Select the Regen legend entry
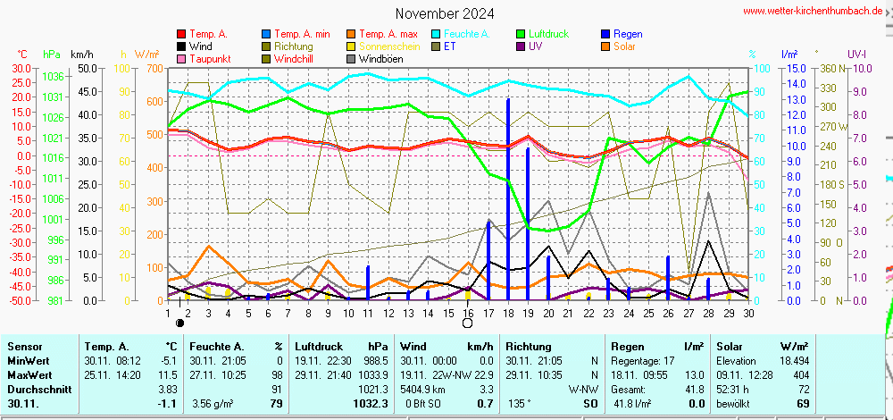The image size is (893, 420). (628, 34)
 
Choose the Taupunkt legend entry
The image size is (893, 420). (210, 59)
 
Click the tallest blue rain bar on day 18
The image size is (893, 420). (508, 197)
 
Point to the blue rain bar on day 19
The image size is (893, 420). (528, 223)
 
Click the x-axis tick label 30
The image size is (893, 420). (748, 313)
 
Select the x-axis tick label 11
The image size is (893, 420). (368, 313)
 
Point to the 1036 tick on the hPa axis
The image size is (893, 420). (54, 77)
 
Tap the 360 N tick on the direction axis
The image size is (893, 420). (830, 68)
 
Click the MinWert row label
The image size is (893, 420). (29, 360)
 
